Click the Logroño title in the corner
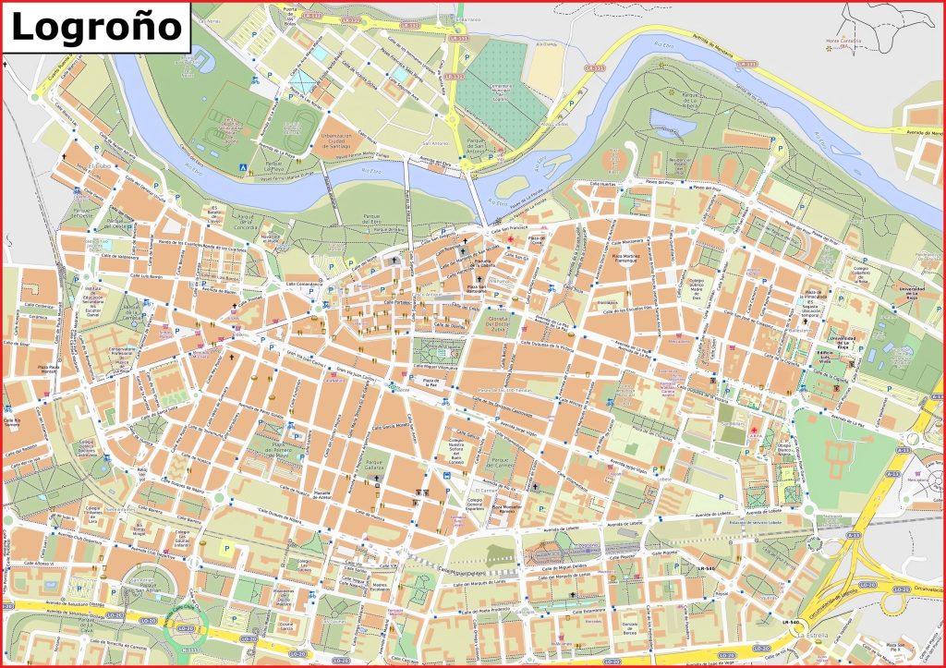pyautogui.click(x=96, y=25)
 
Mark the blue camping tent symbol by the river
pyautogui.click(x=244, y=167)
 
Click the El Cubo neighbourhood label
pyautogui.click(x=99, y=166)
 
